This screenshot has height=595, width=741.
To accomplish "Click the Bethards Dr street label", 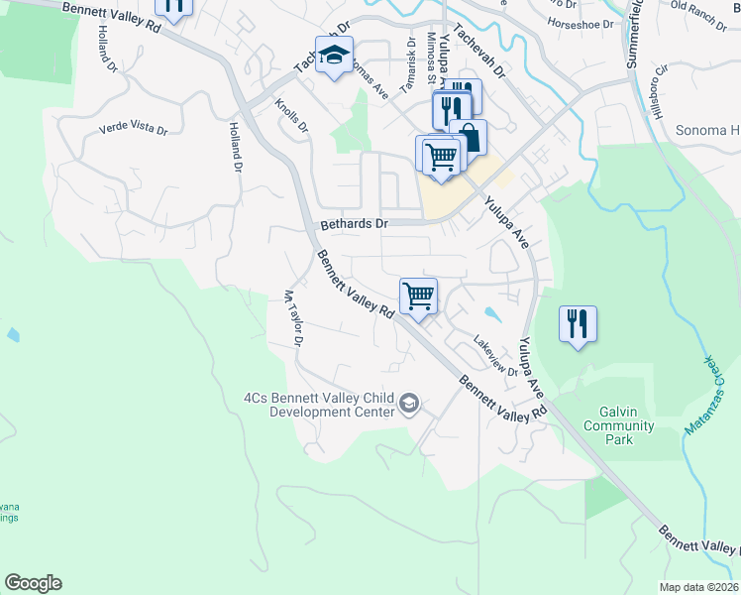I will pyautogui.click(x=353, y=224).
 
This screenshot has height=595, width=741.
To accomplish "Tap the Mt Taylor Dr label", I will pyautogui.click(x=292, y=317).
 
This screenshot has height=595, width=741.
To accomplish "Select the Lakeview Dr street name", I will pyautogui.click(x=495, y=355).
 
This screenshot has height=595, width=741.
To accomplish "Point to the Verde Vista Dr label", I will pyautogui.click(x=133, y=130).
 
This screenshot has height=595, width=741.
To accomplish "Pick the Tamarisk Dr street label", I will pyautogui.click(x=406, y=68).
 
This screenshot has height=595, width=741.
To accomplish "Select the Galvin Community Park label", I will pyautogui.click(x=626, y=425).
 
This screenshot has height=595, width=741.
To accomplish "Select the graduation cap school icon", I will pyautogui.click(x=334, y=57).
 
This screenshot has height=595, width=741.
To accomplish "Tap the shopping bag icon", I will pyautogui.click(x=469, y=137).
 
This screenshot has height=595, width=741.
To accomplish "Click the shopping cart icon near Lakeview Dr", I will pyautogui.click(x=419, y=296).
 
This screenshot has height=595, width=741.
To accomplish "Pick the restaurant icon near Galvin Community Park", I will pyautogui.click(x=578, y=323).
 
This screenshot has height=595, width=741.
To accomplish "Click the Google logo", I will pyautogui.click(x=33, y=583).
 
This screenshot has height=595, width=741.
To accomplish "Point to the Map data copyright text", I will pyautogui.click(x=699, y=587).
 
